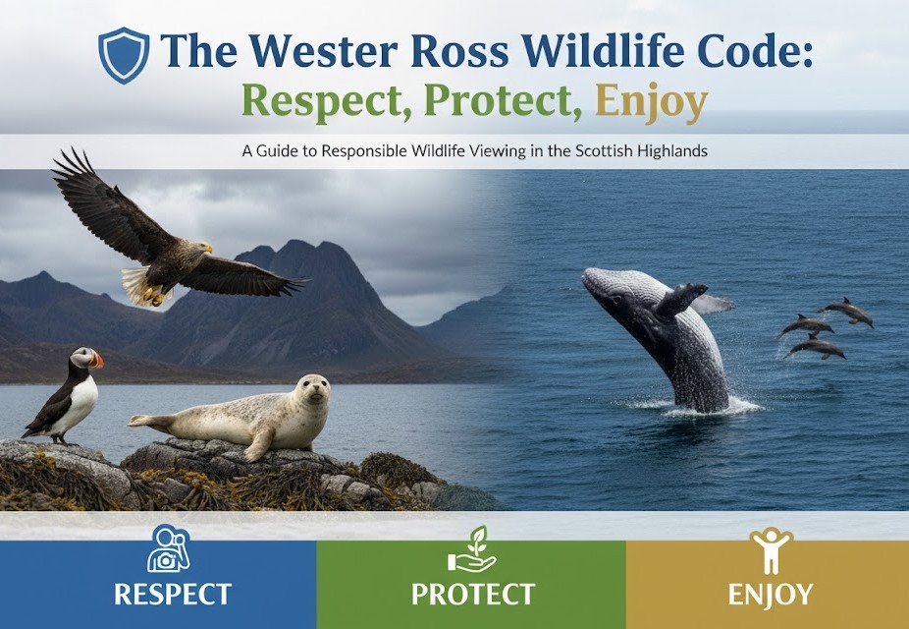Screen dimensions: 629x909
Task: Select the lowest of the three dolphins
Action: point(817,349)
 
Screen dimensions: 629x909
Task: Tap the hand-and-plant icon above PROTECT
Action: point(472,550)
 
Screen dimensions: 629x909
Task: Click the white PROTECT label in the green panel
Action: point(473,595)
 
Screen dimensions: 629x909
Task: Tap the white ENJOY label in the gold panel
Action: point(771,595)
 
